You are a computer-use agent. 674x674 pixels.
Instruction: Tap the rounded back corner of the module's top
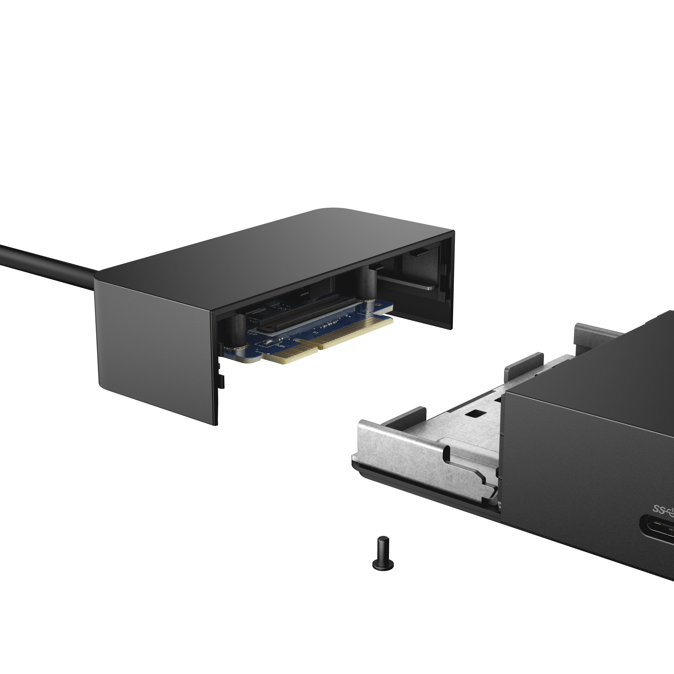(335, 211)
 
